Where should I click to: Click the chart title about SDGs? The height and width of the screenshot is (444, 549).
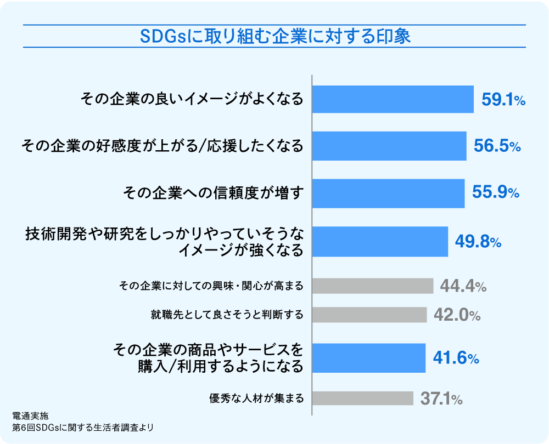click(x=274, y=37)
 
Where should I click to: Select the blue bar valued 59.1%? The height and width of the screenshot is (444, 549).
click(x=393, y=99)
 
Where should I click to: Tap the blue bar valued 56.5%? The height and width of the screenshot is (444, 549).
click(x=389, y=146)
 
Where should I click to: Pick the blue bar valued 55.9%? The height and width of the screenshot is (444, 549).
click(x=388, y=193)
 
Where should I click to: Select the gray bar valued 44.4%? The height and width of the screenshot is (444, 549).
click(x=373, y=286)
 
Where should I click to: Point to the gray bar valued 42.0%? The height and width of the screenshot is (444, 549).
click(x=369, y=315)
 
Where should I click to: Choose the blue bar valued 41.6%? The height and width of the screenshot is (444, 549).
click(x=369, y=358)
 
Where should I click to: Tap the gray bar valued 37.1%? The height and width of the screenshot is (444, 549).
click(x=362, y=398)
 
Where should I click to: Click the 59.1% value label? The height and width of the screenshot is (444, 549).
click(x=503, y=100)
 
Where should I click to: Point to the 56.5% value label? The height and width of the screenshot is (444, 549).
click(x=496, y=146)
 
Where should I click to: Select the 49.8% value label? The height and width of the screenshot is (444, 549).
click(x=478, y=242)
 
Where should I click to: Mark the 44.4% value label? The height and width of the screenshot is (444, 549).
click(x=463, y=286)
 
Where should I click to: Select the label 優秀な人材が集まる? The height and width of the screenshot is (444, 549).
click(x=256, y=398)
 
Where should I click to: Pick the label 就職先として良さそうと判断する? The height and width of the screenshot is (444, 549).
click(x=227, y=315)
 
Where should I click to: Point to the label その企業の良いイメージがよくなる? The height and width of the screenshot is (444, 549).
click(x=192, y=99)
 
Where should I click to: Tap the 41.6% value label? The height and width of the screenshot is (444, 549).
click(x=456, y=358)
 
